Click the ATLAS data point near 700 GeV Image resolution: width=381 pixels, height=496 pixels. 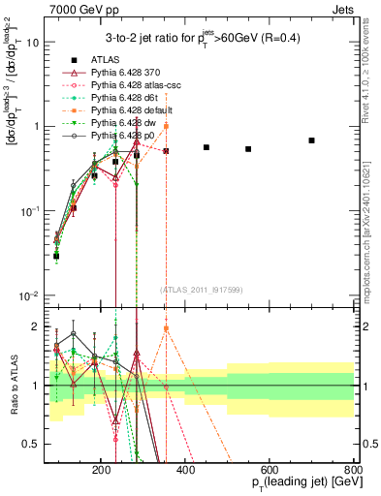coord(311,140)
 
